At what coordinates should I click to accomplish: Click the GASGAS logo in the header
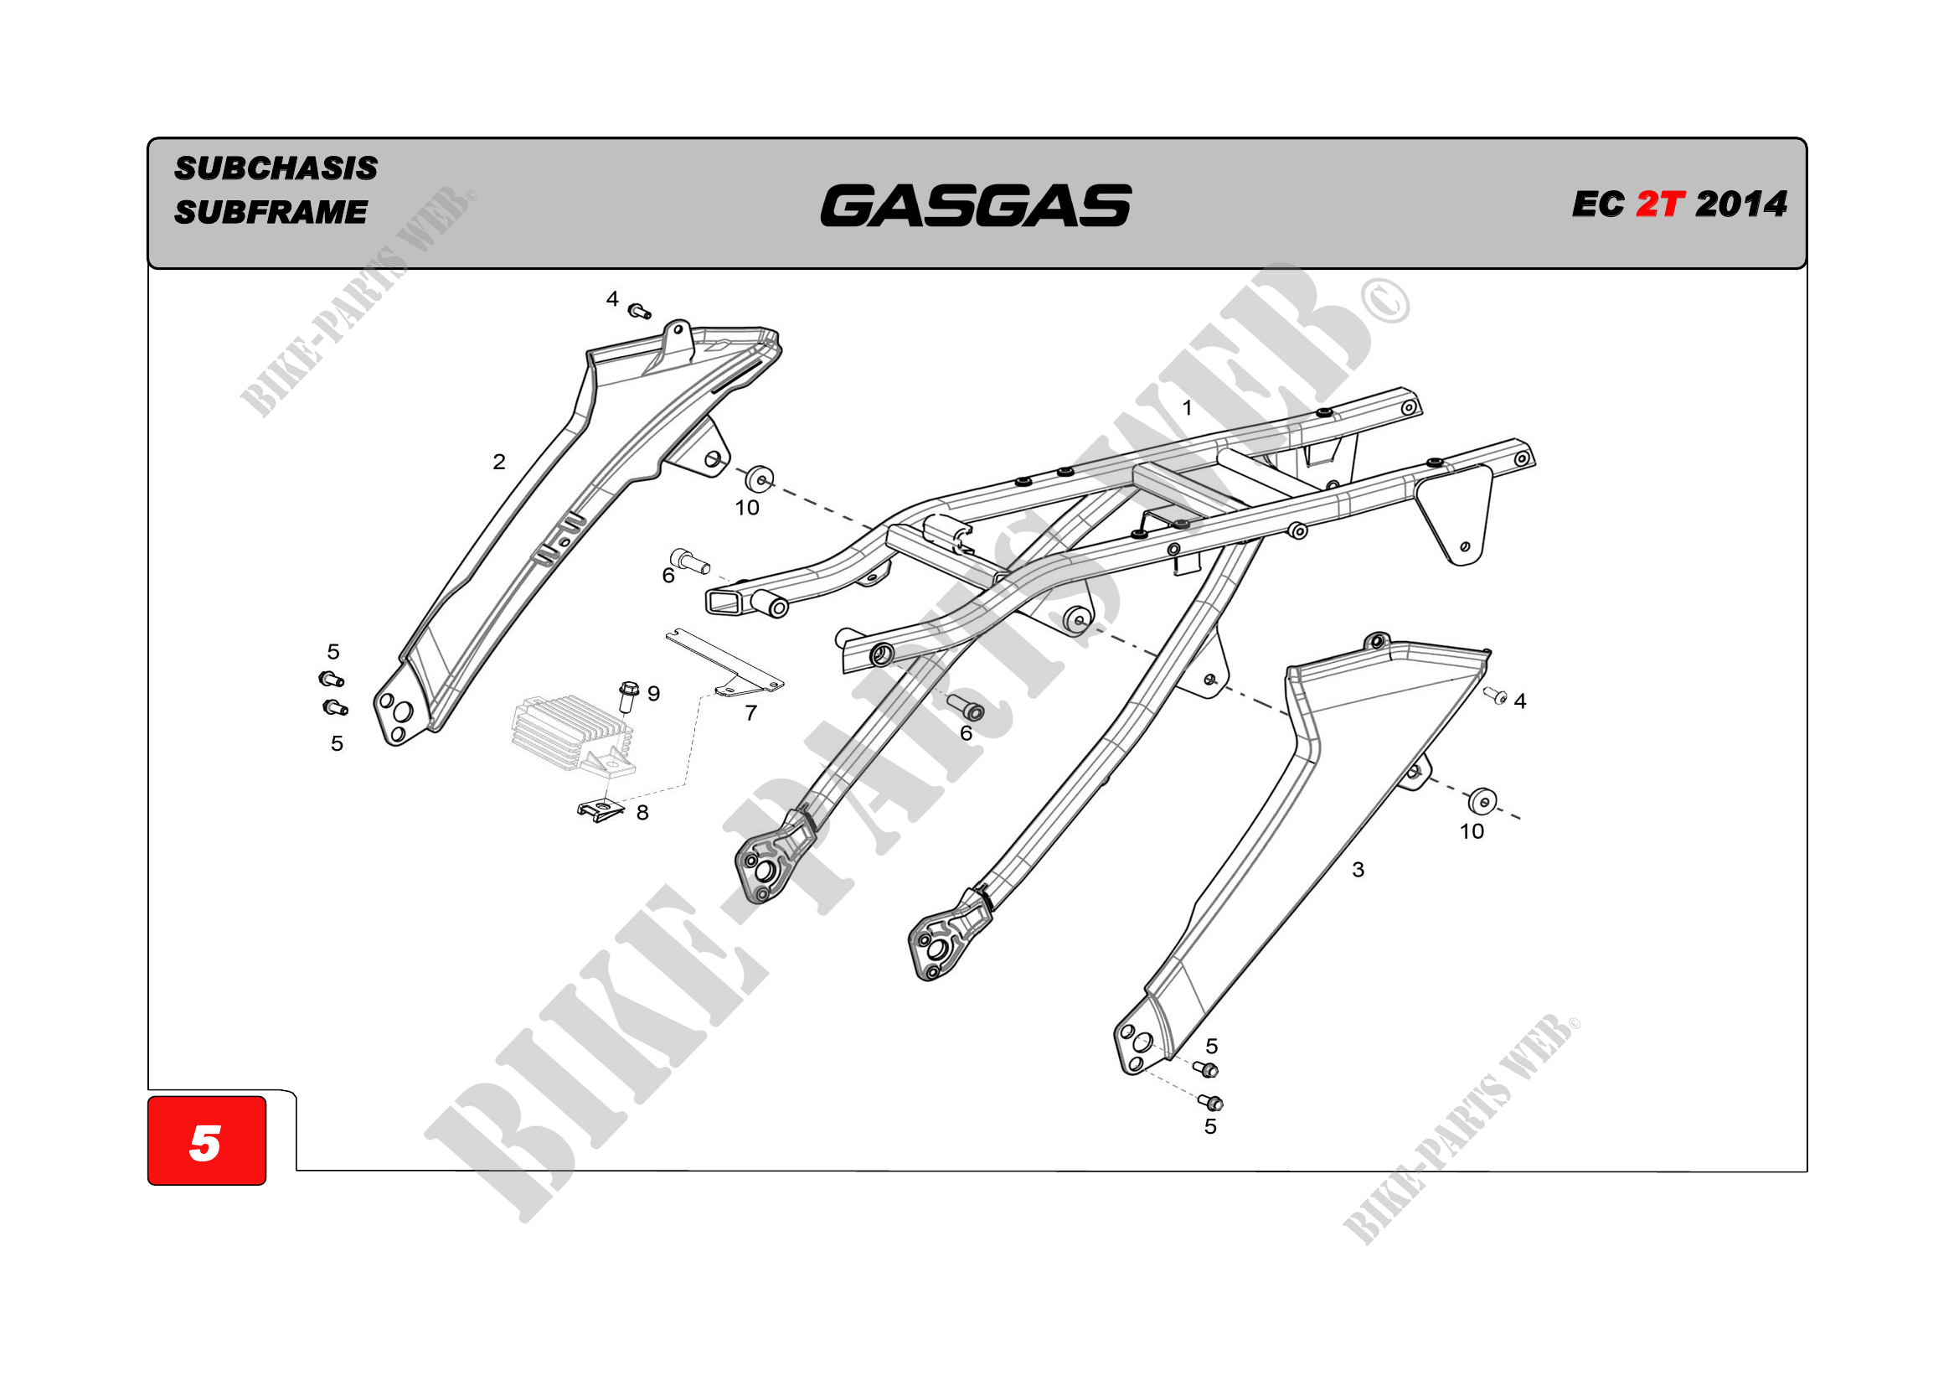[975, 205]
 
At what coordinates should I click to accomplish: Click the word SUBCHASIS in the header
[276, 168]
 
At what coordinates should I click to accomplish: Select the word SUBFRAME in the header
[271, 212]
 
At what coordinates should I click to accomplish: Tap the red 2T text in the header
[1659, 204]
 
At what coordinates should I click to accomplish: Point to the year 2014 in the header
[1740, 204]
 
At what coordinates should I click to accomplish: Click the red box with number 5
[207, 1140]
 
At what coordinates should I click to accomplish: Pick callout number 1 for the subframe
[1187, 408]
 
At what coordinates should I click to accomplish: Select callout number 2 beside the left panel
[499, 462]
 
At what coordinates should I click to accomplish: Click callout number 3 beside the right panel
[1358, 870]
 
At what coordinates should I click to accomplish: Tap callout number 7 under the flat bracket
[750, 712]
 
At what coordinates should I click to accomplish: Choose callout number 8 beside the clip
[642, 813]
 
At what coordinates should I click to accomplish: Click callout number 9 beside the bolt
[653, 693]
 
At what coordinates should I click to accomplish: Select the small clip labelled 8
[600, 808]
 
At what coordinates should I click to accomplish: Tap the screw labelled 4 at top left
[639, 311]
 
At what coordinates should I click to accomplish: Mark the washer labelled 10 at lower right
[1482, 800]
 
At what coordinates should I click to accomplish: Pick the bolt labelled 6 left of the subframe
[688, 560]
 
